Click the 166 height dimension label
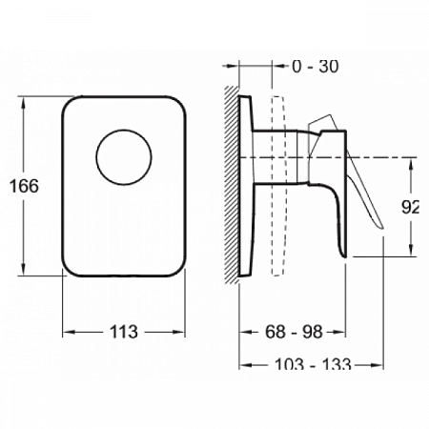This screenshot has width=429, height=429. coord(24,186)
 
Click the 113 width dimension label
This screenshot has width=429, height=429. coord(124,332)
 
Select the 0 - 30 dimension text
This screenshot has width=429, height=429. coord(316,67)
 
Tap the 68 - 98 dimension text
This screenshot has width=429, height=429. coord(294,332)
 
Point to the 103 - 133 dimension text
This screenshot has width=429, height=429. coord(313,363)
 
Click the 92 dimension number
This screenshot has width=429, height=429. coord(410,207)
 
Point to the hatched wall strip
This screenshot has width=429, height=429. coord(232,184)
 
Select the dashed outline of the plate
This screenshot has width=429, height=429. coord(278,186)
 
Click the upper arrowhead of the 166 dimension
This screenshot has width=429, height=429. coord(23,103)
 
